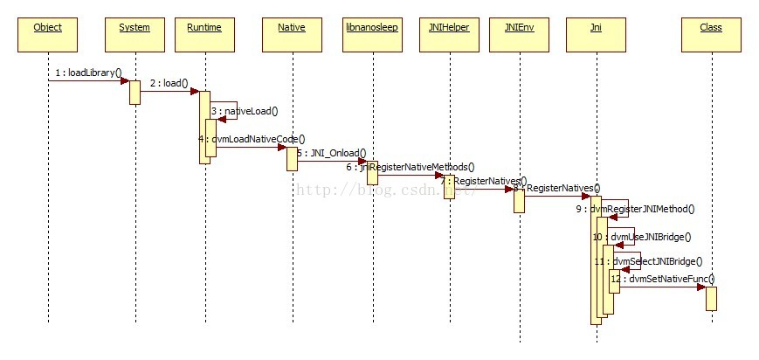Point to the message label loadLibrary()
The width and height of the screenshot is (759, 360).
pos(88,73)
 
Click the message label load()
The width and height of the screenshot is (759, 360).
pos(169,83)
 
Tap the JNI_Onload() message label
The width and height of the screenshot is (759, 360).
pos(333,153)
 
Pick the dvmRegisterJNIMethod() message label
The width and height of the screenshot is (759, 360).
pos(642,209)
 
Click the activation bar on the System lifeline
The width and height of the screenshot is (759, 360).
pos(135,93)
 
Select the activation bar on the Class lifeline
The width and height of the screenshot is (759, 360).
pos(711,298)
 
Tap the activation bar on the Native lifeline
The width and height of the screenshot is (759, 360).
pos(292,158)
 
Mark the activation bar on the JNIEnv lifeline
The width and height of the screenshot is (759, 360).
pos(519,200)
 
